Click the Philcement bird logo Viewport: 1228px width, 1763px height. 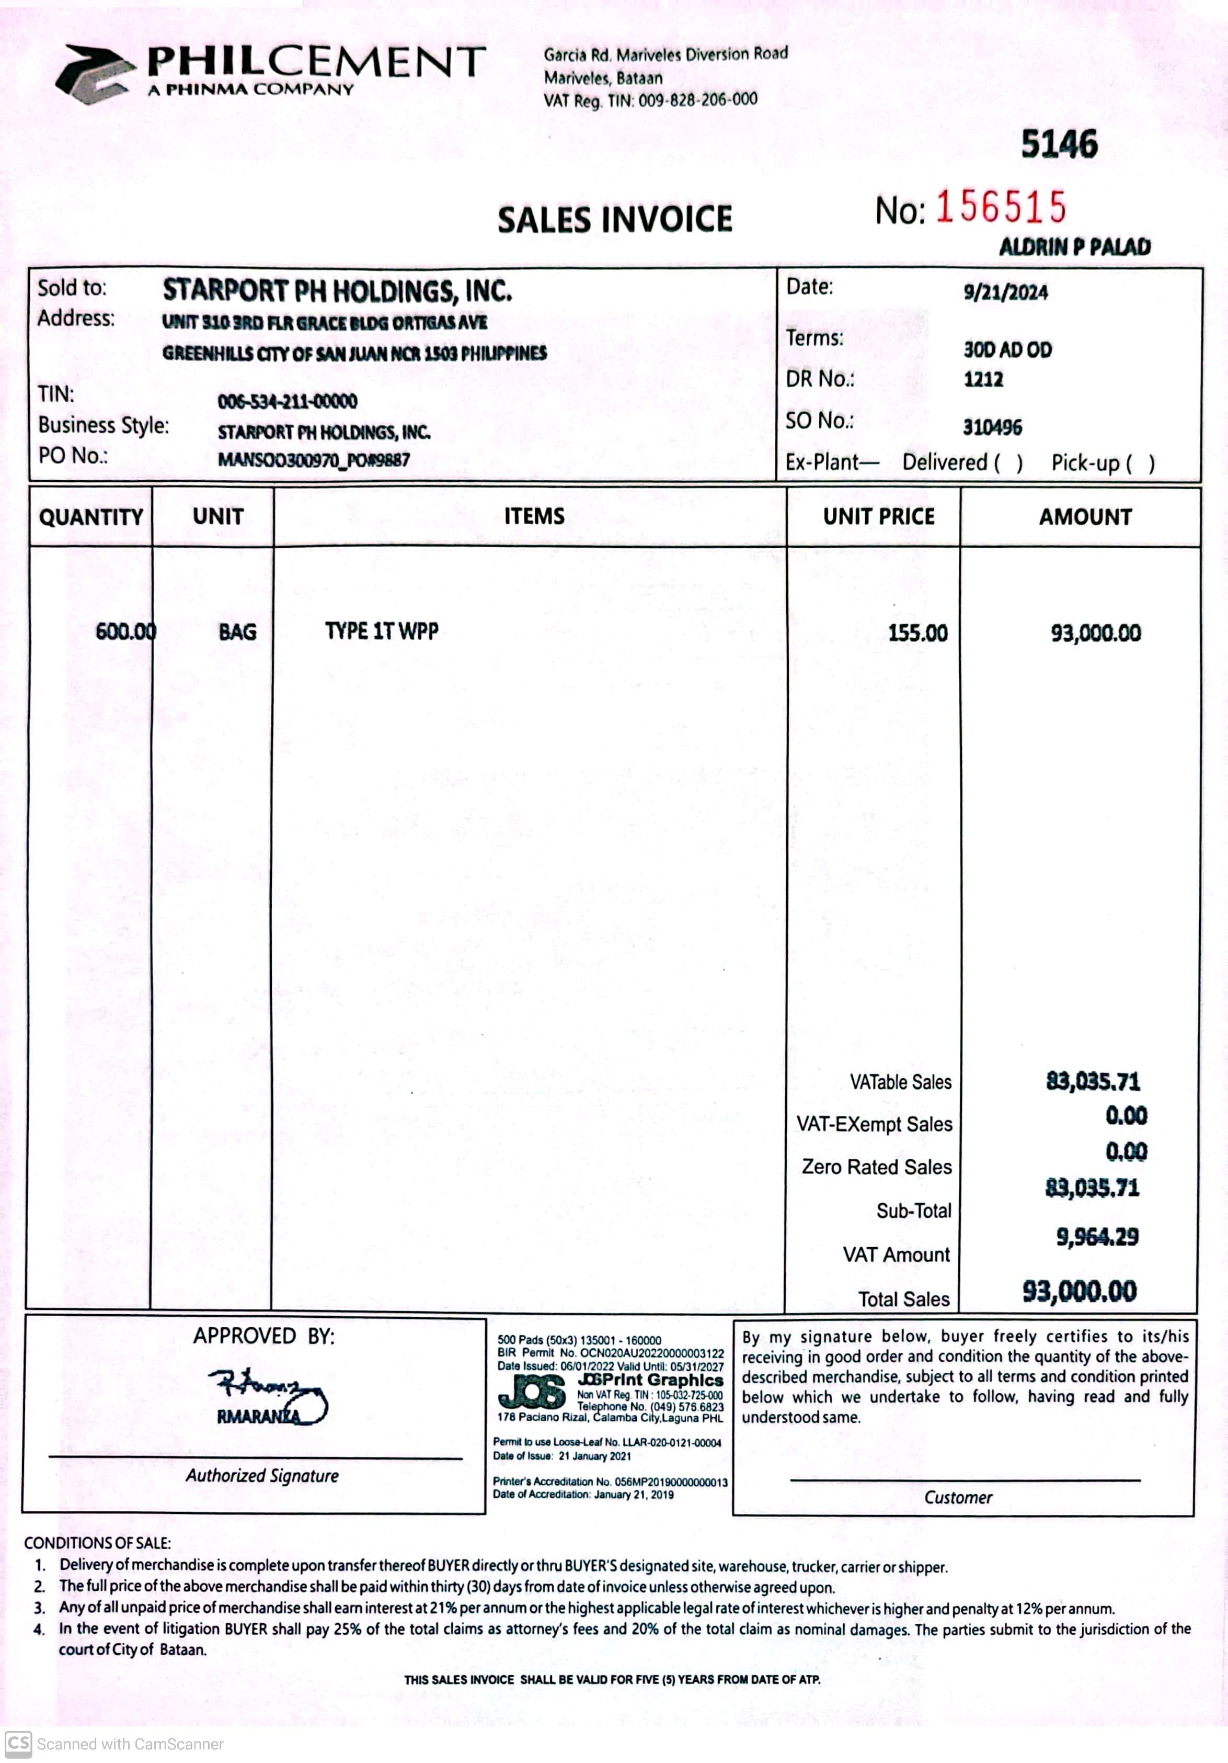click(90, 74)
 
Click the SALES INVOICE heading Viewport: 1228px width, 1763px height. click(615, 220)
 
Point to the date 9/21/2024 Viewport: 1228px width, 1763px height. click(1005, 292)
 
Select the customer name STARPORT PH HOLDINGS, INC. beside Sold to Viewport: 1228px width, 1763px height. click(337, 291)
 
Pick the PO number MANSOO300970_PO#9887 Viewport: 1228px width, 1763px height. click(313, 460)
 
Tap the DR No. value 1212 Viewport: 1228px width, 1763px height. click(983, 379)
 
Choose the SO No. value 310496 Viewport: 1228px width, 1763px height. click(992, 427)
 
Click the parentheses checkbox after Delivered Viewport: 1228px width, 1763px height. click(1008, 463)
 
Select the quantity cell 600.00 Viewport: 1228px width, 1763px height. click(125, 632)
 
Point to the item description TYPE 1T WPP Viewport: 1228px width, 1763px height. click(382, 631)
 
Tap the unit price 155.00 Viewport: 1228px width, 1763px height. click(917, 632)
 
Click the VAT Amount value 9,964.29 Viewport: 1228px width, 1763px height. click(1097, 1237)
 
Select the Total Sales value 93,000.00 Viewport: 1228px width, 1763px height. click(1079, 1292)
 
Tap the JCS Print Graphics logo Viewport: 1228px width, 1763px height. click(532, 1392)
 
